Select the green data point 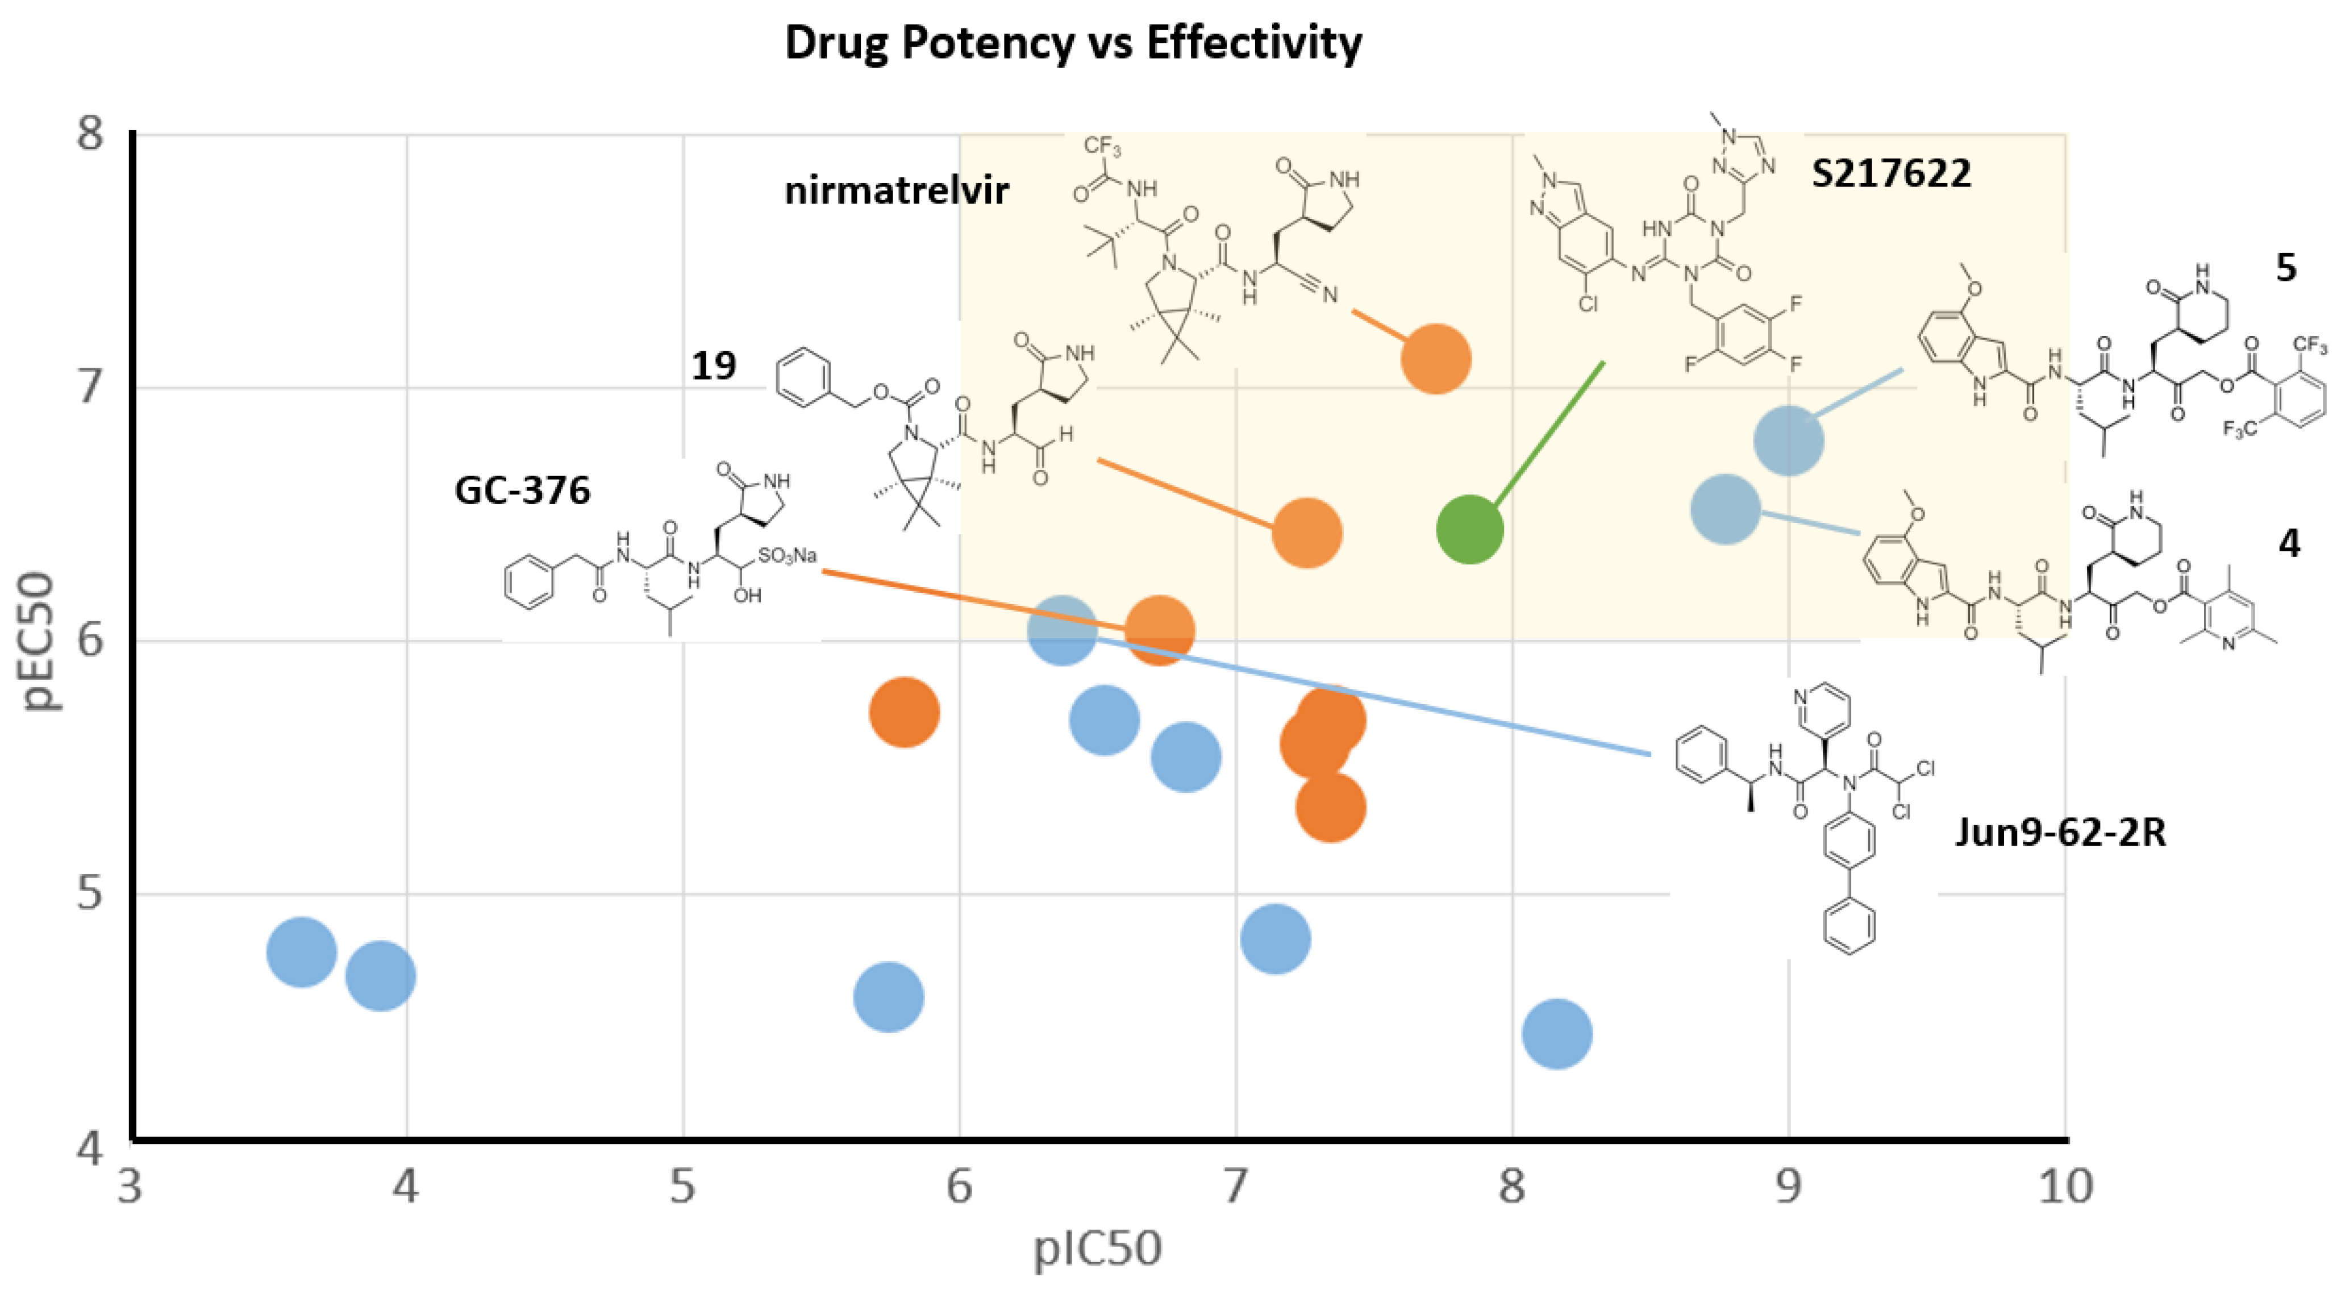point(1470,529)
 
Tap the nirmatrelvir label point(897,190)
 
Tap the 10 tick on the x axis point(2065,1186)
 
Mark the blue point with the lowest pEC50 point(1557,1033)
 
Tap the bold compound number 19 point(714,365)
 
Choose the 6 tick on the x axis point(960,1186)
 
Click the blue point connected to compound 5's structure point(1788,440)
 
